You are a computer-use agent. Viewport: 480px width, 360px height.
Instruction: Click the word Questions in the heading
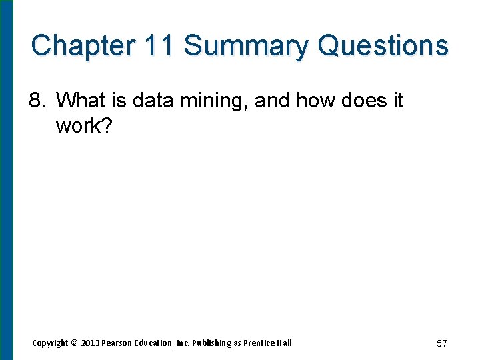[383, 46]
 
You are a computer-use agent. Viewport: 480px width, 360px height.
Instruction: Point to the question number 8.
[37, 101]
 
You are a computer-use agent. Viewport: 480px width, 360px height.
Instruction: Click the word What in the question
[81, 101]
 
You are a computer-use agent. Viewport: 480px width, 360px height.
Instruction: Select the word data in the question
[151, 101]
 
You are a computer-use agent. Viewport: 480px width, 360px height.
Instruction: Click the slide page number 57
[441, 343]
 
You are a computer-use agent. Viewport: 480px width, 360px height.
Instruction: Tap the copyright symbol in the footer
[74, 343]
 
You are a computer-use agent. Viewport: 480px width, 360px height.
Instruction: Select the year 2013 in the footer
[89, 343]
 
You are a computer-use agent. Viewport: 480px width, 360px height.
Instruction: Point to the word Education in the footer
[155, 343]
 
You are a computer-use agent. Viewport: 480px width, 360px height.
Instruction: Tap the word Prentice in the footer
[259, 343]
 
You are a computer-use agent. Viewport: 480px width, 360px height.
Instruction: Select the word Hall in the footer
[285, 343]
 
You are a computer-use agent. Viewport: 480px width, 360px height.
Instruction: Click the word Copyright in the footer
[50, 343]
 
